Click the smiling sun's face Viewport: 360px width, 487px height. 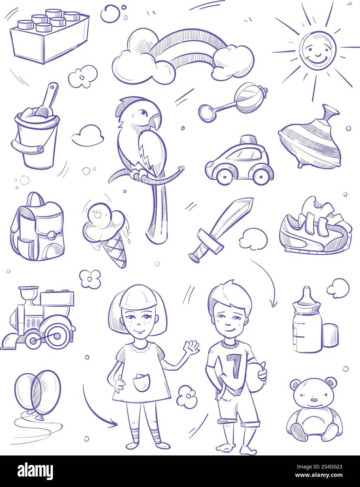pyautogui.click(x=318, y=50)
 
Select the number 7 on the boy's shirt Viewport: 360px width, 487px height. pyautogui.click(x=233, y=365)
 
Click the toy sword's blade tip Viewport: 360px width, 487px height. pyautogui.click(x=252, y=199)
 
